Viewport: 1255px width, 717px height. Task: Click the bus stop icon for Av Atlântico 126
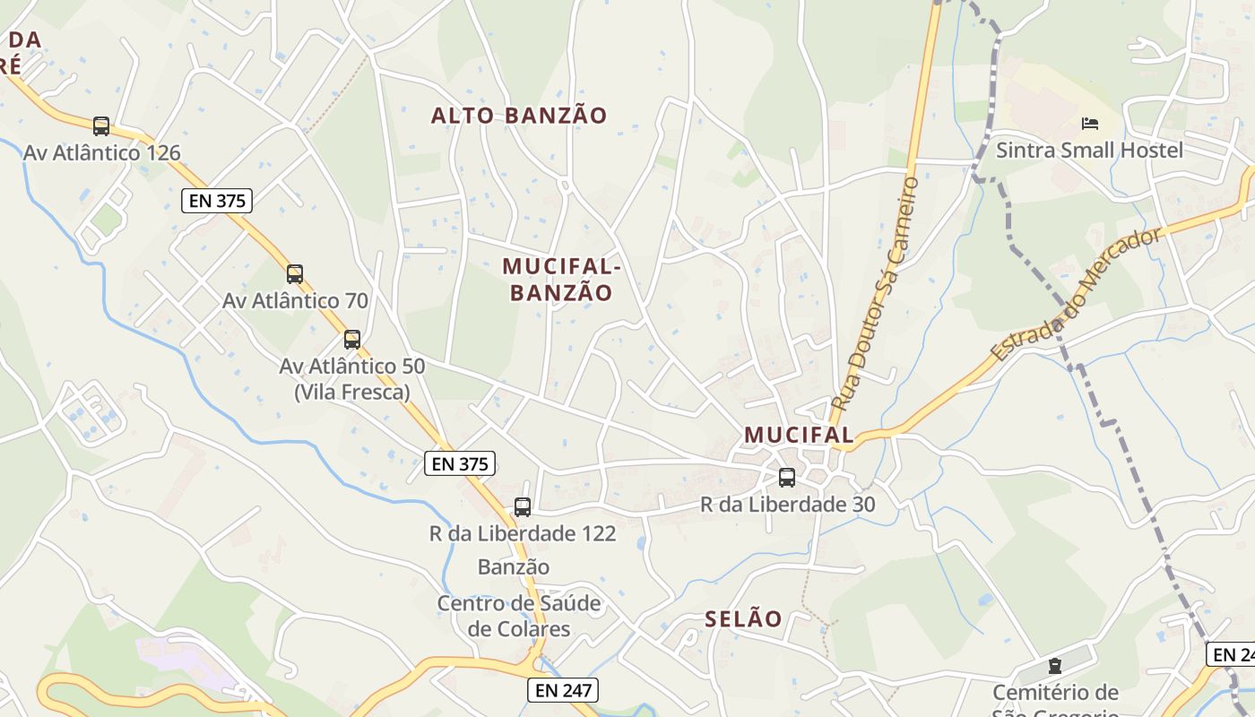pos(101,126)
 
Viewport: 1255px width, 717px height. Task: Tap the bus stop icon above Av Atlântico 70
pos(295,273)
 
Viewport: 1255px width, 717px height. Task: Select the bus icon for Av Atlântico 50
pos(352,340)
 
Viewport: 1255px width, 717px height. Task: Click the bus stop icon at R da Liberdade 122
pos(523,507)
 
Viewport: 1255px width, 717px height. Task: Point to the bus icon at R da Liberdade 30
pos(787,478)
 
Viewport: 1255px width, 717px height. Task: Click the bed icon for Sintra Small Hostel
pos(1090,123)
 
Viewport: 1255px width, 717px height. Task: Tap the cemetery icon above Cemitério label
pos(1055,666)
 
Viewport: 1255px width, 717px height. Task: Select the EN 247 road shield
pos(562,690)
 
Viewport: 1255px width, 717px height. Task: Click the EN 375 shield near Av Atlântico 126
pos(217,201)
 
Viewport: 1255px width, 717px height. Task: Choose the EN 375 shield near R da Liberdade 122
pos(459,463)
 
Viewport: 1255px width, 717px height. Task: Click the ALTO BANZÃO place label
pos(519,116)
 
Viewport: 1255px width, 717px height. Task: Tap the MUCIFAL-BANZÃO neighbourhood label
pos(561,280)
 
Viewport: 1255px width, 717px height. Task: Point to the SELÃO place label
pos(743,618)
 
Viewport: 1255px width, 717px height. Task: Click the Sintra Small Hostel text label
pos(1089,150)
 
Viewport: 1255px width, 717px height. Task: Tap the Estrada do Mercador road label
pos(1075,296)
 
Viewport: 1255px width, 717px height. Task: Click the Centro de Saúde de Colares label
pos(519,616)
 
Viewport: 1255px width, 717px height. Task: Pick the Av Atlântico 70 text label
pos(295,300)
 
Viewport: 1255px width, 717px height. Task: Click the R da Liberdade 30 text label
pos(787,505)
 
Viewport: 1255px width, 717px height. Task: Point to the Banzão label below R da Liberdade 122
pos(514,567)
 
